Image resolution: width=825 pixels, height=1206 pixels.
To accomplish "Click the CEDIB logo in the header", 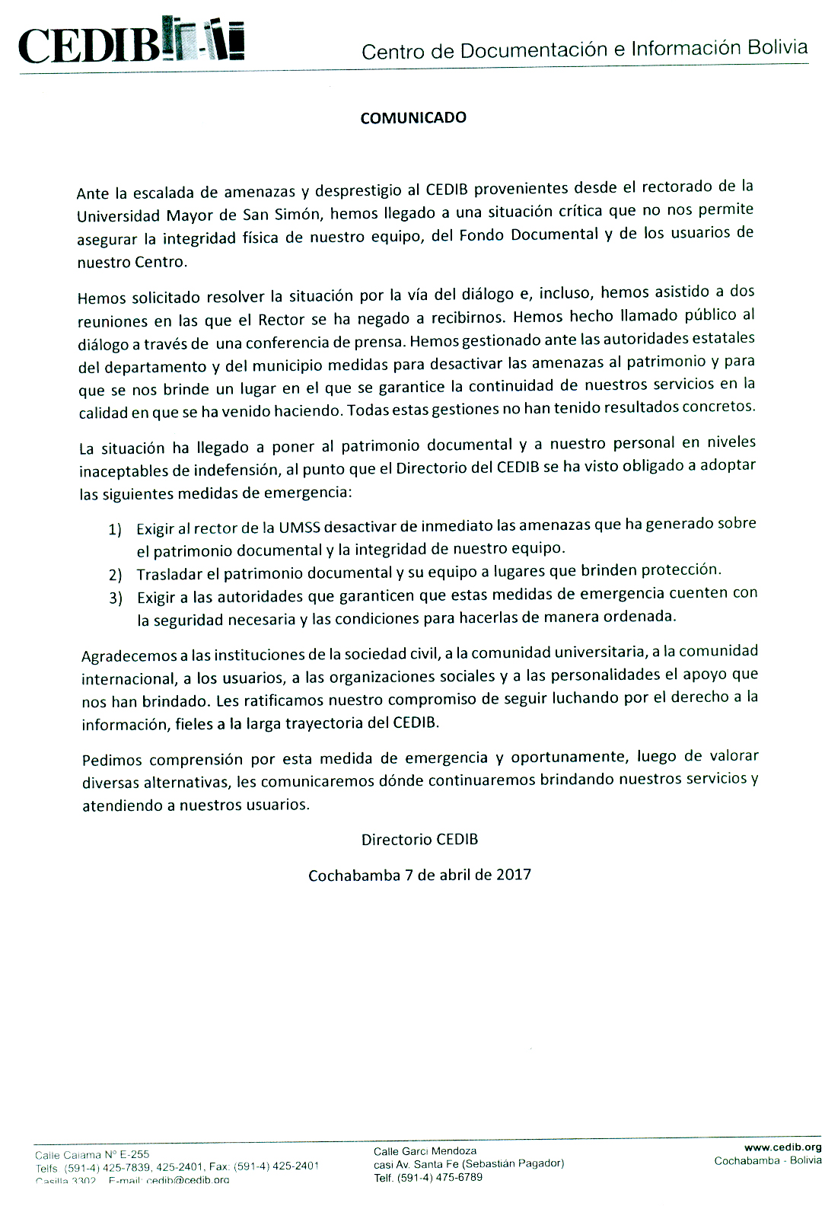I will coord(131,43).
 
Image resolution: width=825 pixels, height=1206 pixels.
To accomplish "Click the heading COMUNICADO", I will coord(413,118).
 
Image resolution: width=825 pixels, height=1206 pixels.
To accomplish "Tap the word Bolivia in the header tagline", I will coord(777,47).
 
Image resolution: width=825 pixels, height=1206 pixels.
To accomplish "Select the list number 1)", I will coord(115,529).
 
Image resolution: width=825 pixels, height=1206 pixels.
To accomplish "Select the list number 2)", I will coord(115,575).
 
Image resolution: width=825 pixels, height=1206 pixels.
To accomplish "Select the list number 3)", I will coord(116,598).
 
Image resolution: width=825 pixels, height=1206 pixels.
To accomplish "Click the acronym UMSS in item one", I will coord(299,528).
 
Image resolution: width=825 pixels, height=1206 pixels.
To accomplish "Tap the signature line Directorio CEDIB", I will coord(419,840).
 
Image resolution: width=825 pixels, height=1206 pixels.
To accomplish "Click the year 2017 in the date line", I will coord(514,874).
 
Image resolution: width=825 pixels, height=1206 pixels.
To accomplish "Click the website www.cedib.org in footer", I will coord(782,1147).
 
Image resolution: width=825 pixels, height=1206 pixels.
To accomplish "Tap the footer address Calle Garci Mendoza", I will coord(425,1151).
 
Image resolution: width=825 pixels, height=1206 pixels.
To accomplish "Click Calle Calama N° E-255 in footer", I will coord(92,1155).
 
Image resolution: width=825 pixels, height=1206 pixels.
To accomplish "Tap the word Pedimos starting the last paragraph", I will coord(112,760).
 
